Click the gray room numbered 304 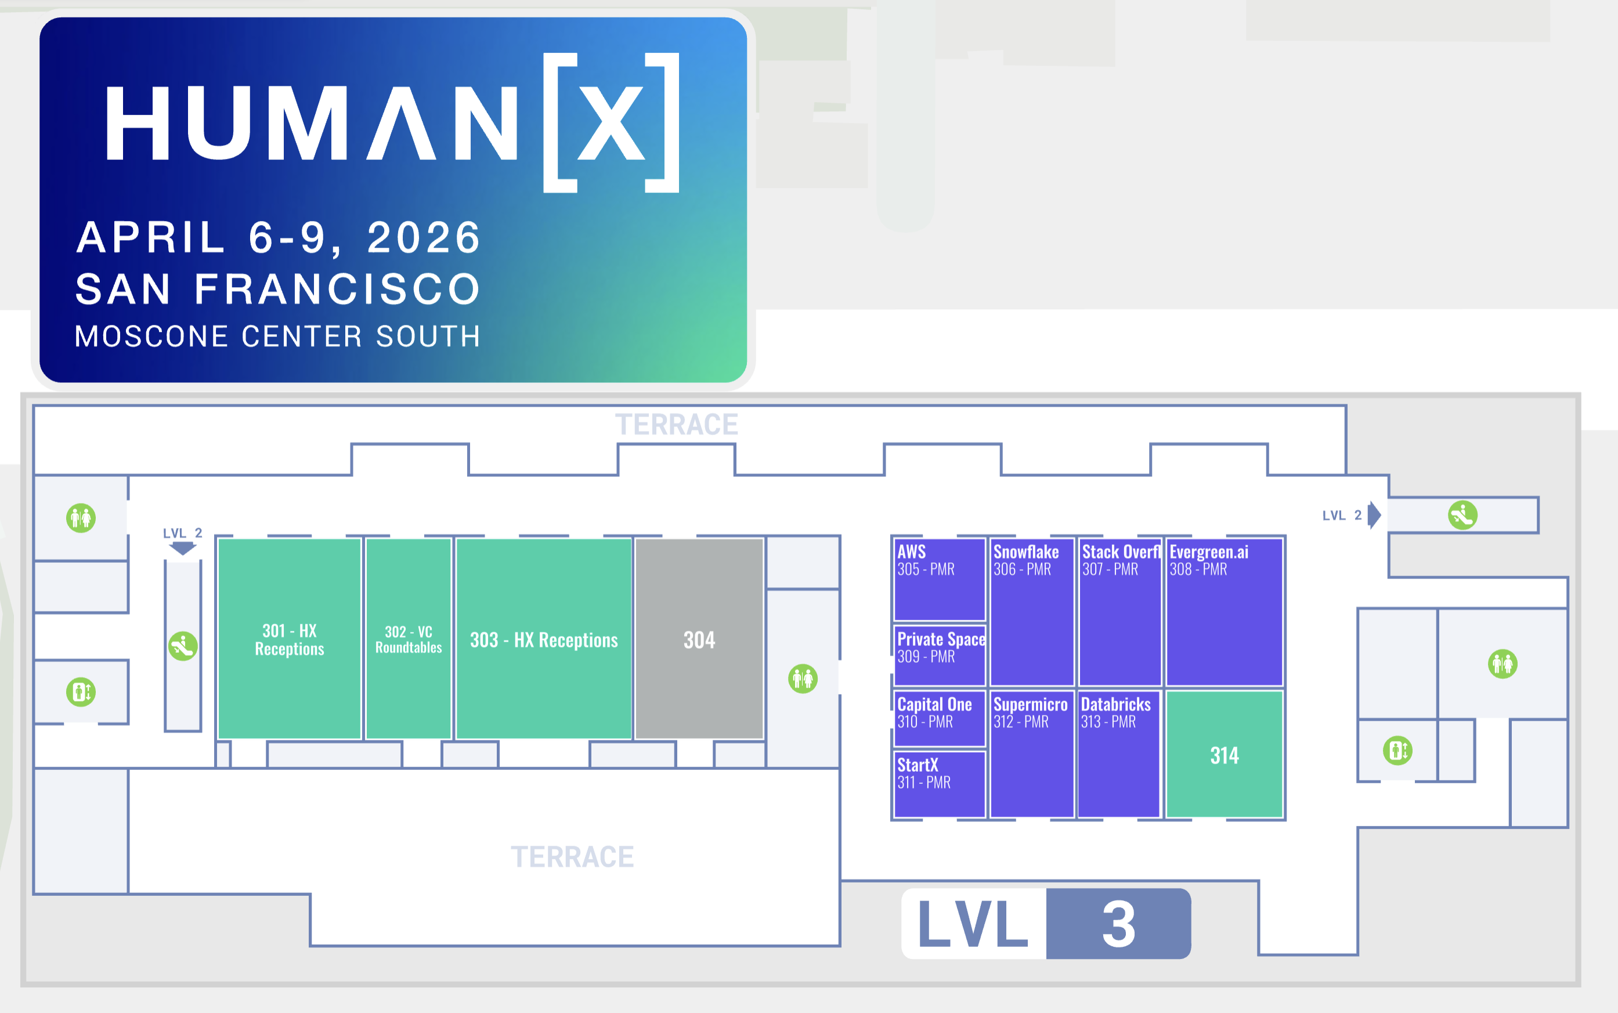point(699,640)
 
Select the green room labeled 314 point(1224,755)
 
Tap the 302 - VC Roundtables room point(408,639)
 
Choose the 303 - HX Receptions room point(543,640)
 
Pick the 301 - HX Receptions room point(290,639)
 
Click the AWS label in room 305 point(911,552)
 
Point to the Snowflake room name point(1025,552)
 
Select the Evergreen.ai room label point(1209,552)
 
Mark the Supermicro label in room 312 point(1031,705)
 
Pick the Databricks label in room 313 point(1115,705)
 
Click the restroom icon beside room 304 point(803,679)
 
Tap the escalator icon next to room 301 point(182,646)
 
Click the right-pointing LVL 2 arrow point(1374,515)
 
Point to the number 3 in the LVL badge point(1118,924)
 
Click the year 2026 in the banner point(424,238)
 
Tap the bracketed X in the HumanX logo point(611,122)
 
